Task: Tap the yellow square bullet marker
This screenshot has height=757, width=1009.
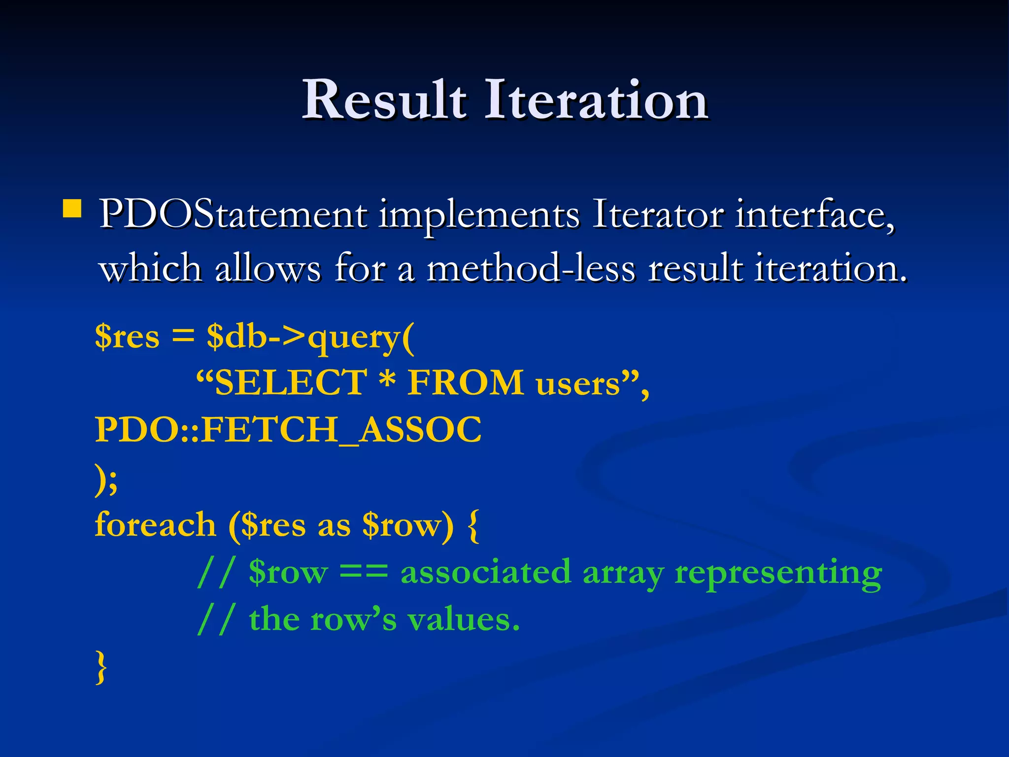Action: [72, 208]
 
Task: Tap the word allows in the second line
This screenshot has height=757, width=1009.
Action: [268, 269]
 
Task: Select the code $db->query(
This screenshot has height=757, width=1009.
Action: [310, 338]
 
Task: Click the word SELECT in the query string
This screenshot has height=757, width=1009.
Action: [290, 383]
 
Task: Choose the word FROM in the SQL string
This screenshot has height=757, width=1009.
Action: [465, 383]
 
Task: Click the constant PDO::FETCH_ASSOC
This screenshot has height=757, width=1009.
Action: [288, 430]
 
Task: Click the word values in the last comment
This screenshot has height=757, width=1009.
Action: [463, 619]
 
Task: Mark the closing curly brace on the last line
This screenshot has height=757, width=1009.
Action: [101, 666]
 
